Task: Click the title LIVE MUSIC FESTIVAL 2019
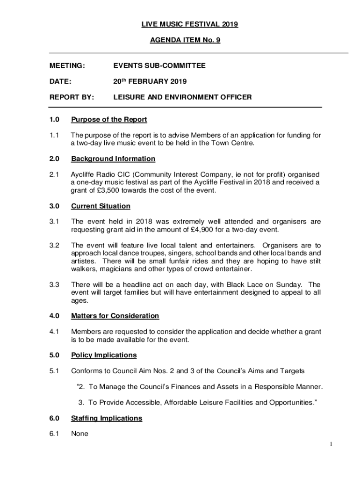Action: tap(184, 24)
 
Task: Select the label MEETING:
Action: tap(67, 66)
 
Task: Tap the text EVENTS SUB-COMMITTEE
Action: tap(159, 66)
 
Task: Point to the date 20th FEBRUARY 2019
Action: tap(150, 81)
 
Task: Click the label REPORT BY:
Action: tap(72, 97)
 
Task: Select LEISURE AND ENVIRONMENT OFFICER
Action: tap(182, 97)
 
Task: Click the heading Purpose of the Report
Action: tap(109, 119)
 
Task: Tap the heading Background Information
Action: tap(113, 159)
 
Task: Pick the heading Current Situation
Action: tap(101, 206)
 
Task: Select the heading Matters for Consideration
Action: tap(115, 316)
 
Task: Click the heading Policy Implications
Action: tap(104, 355)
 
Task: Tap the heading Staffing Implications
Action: tap(106, 418)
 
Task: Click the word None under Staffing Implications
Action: tap(79, 434)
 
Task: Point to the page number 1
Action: tap(331, 444)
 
